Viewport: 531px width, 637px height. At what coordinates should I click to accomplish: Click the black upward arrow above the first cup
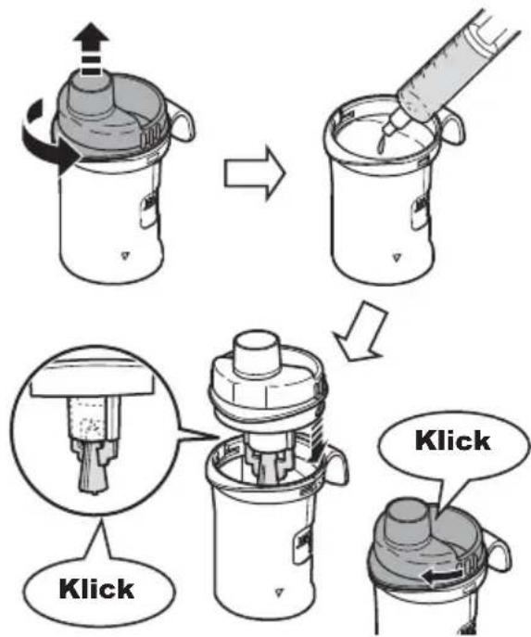tap(91, 49)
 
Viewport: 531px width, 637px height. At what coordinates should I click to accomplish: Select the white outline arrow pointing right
tap(256, 173)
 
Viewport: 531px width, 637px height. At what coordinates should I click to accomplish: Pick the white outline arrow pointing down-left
tap(359, 331)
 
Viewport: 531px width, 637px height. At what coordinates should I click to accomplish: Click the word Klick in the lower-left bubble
tap(96, 589)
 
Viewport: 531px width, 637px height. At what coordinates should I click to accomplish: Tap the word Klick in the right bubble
tap(452, 440)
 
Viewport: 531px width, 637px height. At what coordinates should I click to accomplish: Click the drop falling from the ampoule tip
tap(383, 145)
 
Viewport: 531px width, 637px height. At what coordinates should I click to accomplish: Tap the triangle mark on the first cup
tap(126, 256)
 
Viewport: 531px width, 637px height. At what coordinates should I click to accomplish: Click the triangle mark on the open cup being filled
tap(397, 258)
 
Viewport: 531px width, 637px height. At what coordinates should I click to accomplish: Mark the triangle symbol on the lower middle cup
tap(279, 592)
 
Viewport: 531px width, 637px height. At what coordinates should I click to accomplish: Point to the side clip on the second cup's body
tap(418, 211)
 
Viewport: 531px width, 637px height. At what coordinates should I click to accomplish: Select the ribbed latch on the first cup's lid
tap(149, 137)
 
